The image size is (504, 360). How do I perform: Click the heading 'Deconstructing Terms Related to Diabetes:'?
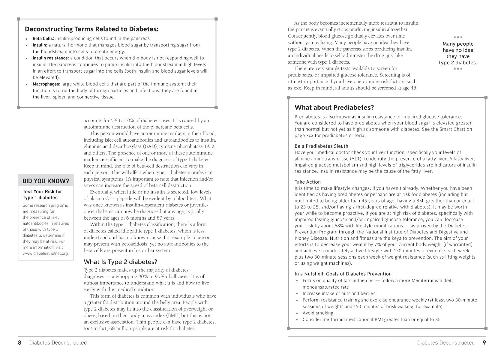coord(91,29)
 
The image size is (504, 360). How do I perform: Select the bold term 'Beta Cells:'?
coord(43,38)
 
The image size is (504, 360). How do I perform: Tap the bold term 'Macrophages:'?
coord(46,84)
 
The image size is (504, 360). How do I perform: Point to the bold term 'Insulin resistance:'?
coord(51,58)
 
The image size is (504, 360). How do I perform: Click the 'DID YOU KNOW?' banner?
coord(46,181)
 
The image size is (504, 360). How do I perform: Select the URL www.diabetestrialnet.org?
coord(46,253)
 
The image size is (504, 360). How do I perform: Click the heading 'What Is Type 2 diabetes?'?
coord(120,262)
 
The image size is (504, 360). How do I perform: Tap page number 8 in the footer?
coord(19,343)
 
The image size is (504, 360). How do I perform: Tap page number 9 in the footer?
coord(484,343)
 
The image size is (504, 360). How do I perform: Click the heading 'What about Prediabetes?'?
coord(334,107)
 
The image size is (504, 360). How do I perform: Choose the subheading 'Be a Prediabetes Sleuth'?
coord(321,146)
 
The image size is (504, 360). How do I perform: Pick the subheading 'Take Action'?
coord(307,182)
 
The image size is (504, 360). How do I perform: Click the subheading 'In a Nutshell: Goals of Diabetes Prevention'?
coord(343,274)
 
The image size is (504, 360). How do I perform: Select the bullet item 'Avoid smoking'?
coord(318,313)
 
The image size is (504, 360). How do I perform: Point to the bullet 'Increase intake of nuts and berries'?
coord(339,293)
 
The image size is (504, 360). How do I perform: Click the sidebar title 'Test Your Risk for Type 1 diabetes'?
coord(42,194)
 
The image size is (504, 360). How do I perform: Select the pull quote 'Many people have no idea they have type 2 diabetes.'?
coord(458,53)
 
